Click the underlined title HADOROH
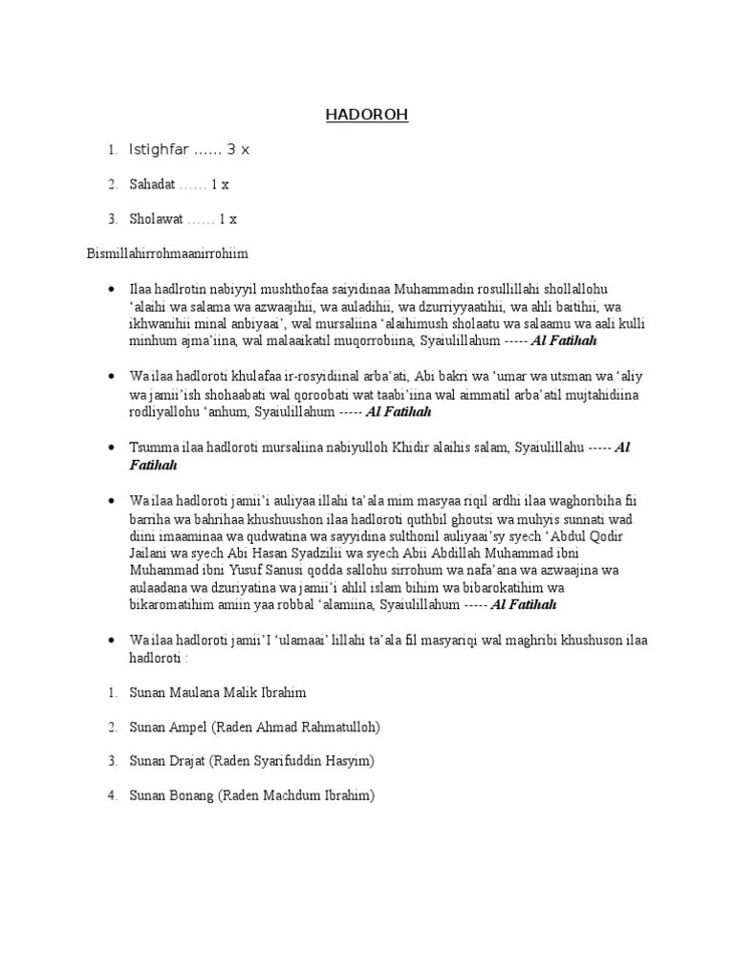tap(366, 115)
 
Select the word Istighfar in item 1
tap(159, 150)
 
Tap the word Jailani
tap(153, 553)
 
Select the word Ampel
tap(188, 727)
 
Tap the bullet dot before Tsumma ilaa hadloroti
tap(114, 447)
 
